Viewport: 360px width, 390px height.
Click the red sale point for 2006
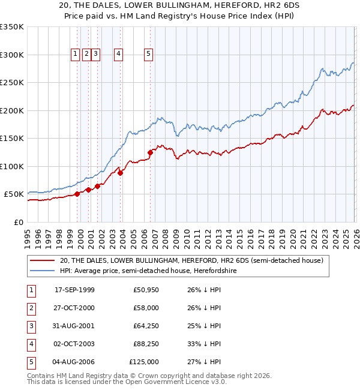(150, 152)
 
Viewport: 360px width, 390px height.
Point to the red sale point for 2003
(120, 173)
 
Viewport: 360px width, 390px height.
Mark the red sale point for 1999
(77, 194)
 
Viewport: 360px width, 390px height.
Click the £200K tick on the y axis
(12, 110)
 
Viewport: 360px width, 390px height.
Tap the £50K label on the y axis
(14, 194)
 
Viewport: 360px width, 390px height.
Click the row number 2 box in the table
(30, 308)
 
